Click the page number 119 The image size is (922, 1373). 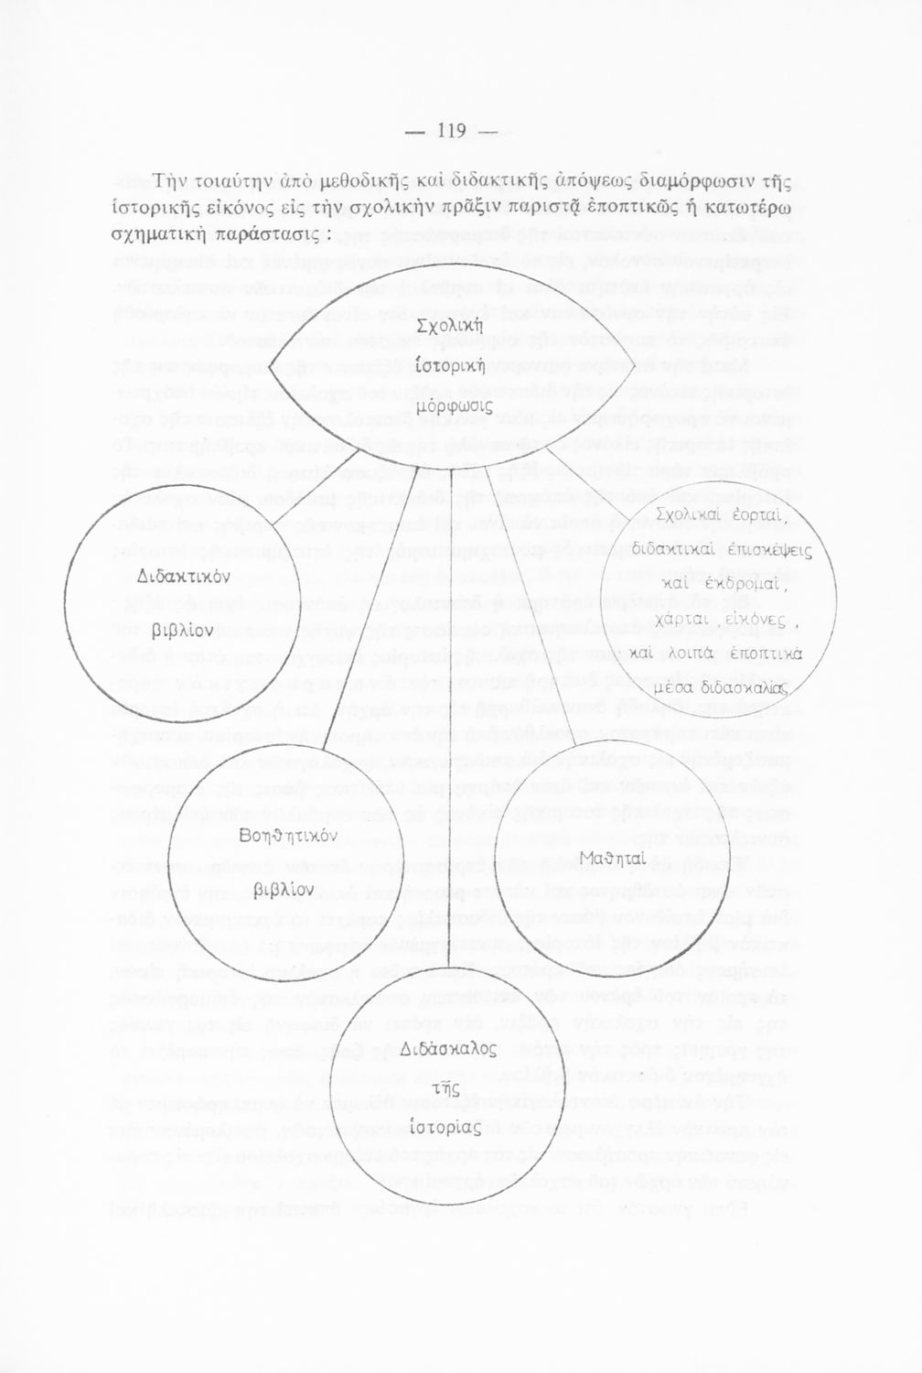[x=453, y=131]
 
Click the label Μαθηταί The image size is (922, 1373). [x=613, y=857]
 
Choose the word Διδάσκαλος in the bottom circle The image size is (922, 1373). [x=448, y=1048]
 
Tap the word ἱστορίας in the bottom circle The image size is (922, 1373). [x=445, y=1124]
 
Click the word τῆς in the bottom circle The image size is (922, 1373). [x=445, y=1087]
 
